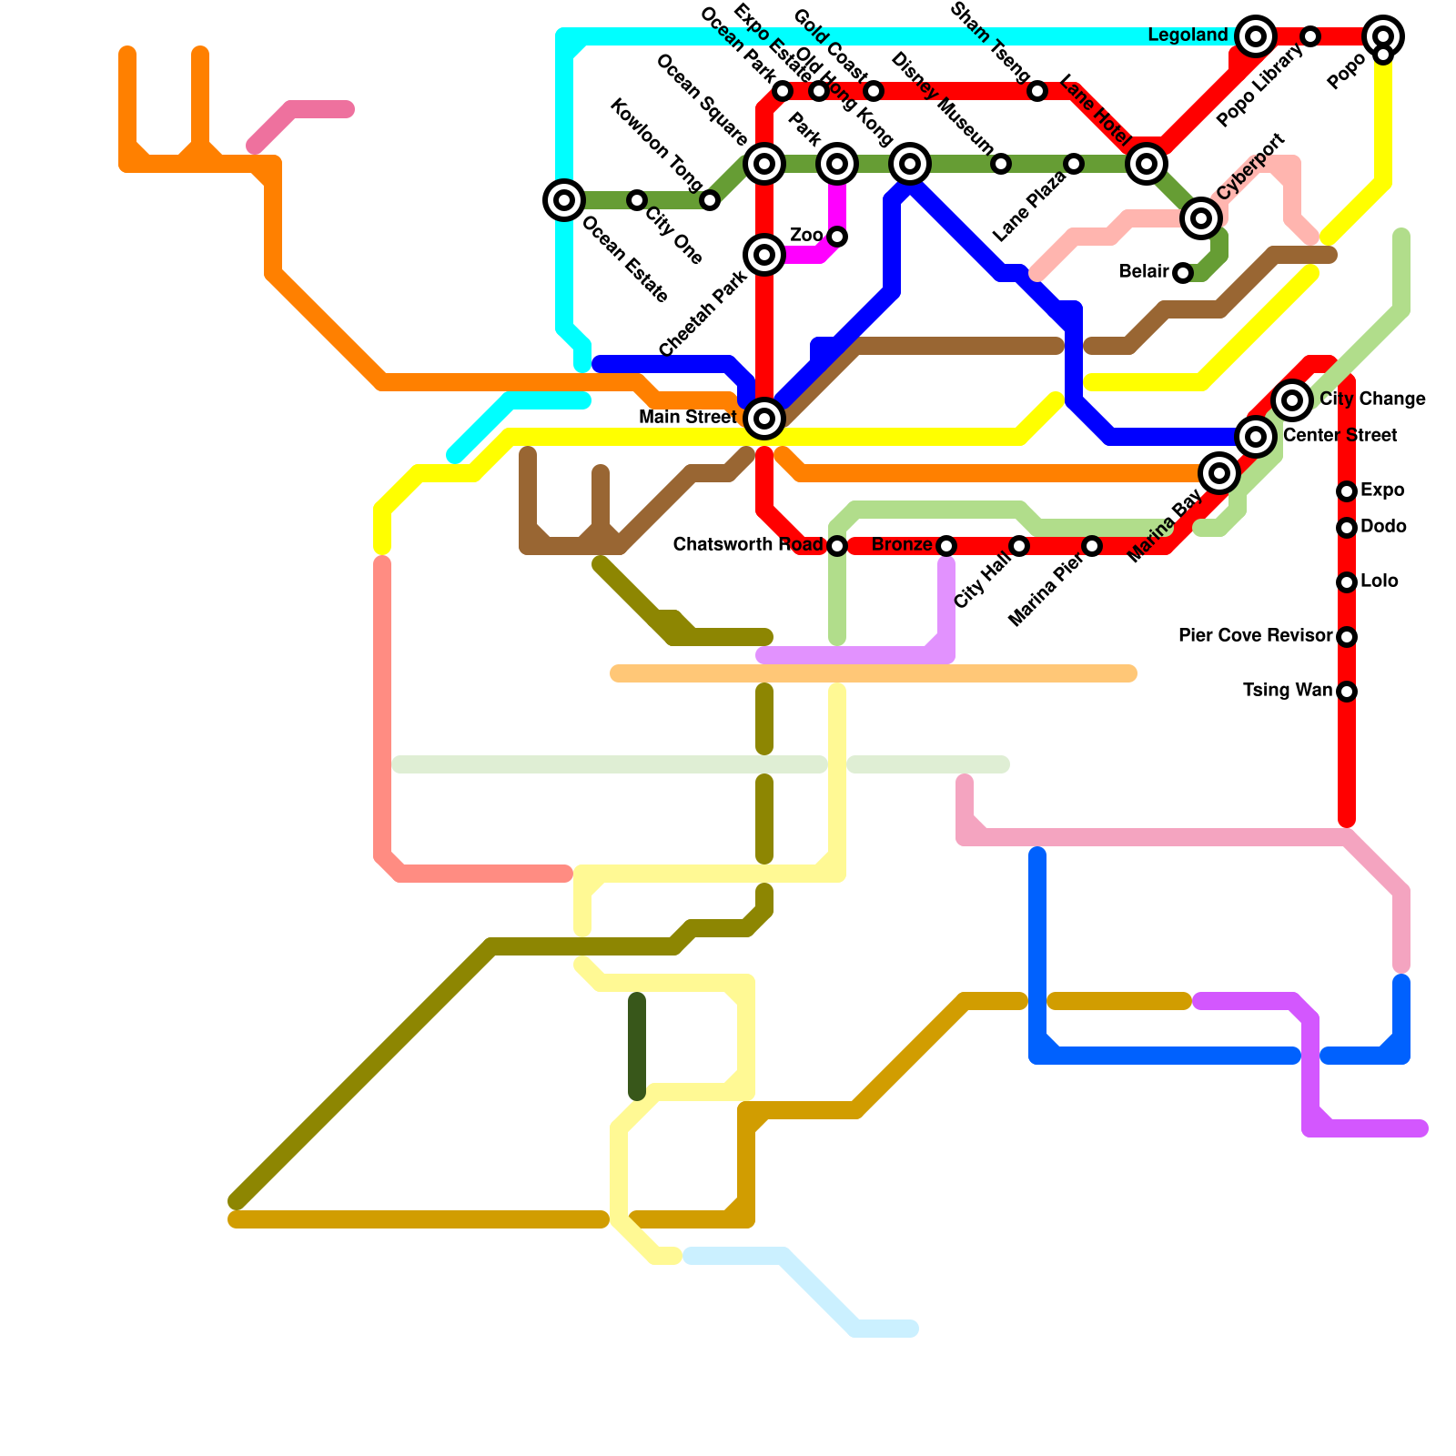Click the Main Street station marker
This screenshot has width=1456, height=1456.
[x=764, y=419]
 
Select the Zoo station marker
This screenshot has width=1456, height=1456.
[x=837, y=237]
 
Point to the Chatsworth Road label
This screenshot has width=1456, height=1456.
[x=748, y=545]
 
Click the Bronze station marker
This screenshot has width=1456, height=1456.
[x=946, y=546]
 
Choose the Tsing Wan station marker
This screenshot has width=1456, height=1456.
[x=1347, y=692]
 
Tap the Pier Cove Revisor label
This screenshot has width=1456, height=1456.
[x=1255, y=636]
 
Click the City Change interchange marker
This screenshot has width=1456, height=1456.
[x=1292, y=400]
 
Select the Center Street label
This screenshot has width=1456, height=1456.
[x=1340, y=436]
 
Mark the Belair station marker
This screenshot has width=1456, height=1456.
[x=1183, y=273]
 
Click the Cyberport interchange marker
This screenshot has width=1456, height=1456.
[x=1201, y=218]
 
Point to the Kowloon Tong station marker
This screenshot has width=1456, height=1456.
[x=710, y=200]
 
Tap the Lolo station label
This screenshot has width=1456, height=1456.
[x=1380, y=581]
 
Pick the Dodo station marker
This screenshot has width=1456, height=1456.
[x=1347, y=528]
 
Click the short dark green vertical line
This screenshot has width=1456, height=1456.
[x=637, y=1046]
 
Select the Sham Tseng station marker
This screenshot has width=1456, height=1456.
[x=1037, y=91]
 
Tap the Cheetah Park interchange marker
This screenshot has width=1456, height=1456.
[x=764, y=255]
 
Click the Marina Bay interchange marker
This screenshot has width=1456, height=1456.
[x=1219, y=473]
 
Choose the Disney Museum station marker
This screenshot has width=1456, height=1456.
[x=1001, y=164]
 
